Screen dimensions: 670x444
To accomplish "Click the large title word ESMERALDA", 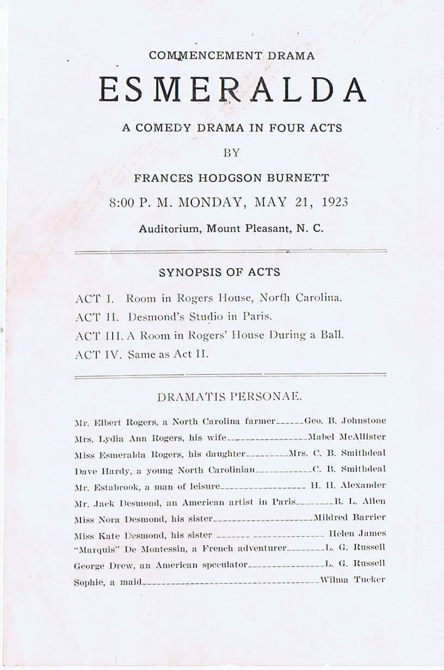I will tap(232, 90).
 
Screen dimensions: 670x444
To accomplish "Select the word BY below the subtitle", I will tap(231, 153).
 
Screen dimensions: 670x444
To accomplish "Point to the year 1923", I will tap(335, 203).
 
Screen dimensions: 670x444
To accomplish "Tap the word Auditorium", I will tap(169, 229).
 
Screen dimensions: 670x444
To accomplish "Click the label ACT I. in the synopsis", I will tap(94, 299).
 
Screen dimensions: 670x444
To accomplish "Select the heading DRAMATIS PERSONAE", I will tap(229, 397).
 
